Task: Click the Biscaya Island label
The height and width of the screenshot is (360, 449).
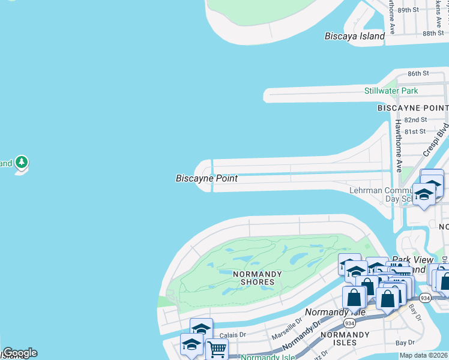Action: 354,36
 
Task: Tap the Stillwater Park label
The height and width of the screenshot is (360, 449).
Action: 391,91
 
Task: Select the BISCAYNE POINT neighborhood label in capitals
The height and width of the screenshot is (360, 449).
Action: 412,107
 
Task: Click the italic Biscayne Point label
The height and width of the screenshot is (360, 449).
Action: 206,178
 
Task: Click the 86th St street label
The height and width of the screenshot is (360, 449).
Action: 418,73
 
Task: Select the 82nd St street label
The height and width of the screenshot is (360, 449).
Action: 415,120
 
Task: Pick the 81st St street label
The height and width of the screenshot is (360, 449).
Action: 415,131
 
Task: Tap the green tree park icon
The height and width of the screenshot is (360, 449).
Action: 22,162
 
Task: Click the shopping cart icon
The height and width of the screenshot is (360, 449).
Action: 216,347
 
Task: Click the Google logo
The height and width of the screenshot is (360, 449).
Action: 20,353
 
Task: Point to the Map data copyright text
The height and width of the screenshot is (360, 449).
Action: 423,355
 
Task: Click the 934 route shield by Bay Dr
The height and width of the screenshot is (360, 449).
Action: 426,298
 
